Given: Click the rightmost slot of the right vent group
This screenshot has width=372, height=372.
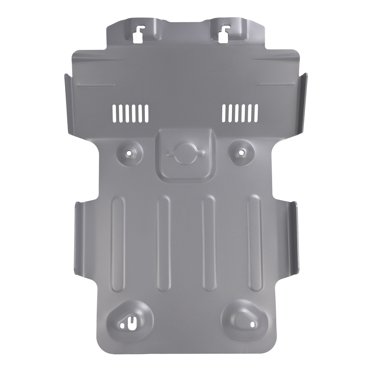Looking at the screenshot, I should tap(258, 111).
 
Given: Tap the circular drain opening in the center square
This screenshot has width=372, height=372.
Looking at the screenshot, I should tap(186, 152).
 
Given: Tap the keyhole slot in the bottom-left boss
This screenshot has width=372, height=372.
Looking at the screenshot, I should tap(132, 319).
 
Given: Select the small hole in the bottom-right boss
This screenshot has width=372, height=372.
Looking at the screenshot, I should tap(241, 318).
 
